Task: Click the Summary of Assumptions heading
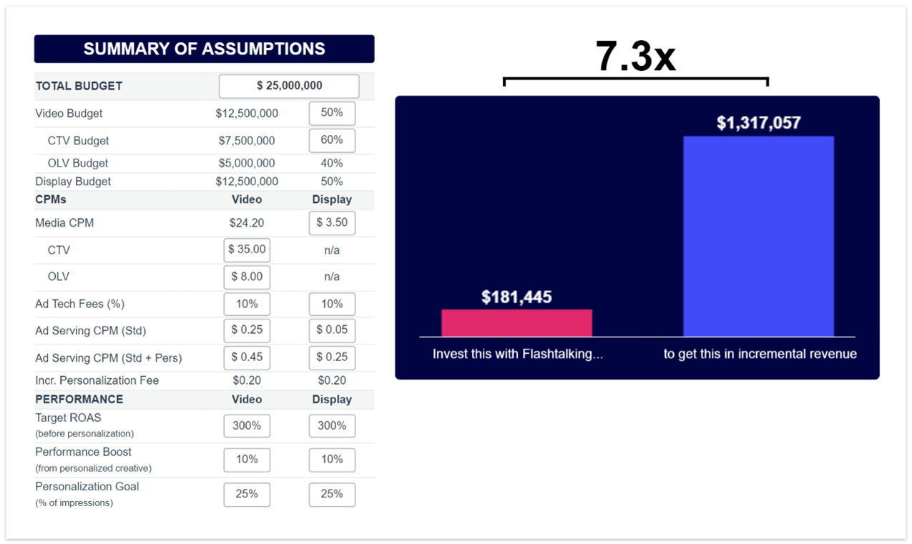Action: pyautogui.click(x=204, y=49)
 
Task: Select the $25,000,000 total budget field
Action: pyautogui.click(x=289, y=86)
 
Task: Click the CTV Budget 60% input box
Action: pyautogui.click(x=332, y=140)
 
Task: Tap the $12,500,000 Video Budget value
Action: pyautogui.click(x=247, y=114)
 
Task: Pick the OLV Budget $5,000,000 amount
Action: pyautogui.click(x=247, y=163)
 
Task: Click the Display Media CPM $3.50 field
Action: pyautogui.click(x=332, y=223)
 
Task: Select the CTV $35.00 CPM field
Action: pyautogui.click(x=247, y=250)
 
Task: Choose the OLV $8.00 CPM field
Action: pyautogui.click(x=247, y=277)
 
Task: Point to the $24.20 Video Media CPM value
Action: pyautogui.click(x=247, y=223)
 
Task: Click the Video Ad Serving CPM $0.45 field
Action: pyautogui.click(x=247, y=357)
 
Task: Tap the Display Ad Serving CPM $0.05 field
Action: pyautogui.click(x=332, y=330)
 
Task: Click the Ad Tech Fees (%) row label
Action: pyautogui.click(x=79, y=304)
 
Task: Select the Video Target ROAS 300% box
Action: pyautogui.click(x=247, y=426)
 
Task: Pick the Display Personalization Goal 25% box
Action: pyautogui.click(x=332, y=494)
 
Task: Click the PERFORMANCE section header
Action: pyautogui.click(x=79, y=400)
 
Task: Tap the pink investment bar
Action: pyautogui.click(x=516, y=323)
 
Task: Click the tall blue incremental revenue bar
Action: pyautogui.click(x=758, y=236)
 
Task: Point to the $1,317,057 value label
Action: pyautogui.click(x=758, y=123)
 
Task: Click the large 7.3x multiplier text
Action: pyautogui.click(x=635, y=56)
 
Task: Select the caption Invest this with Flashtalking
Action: pyautogui.click(x=517, y=354)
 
